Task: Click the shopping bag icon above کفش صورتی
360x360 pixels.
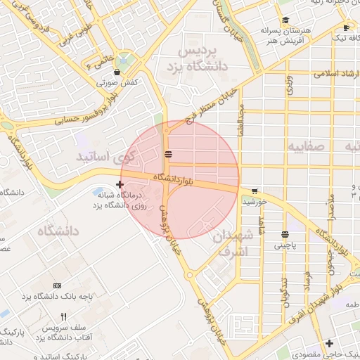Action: point(116,72)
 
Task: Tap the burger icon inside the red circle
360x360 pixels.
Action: point(168,153)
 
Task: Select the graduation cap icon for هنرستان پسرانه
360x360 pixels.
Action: point(285,20)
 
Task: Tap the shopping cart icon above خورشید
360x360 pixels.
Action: point(254,191)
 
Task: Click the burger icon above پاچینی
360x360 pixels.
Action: point(285,235)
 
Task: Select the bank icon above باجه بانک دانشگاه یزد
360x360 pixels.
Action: point(57,285)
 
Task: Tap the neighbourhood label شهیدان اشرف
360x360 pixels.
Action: point(229,243)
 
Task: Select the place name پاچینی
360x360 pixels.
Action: point(285,247)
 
